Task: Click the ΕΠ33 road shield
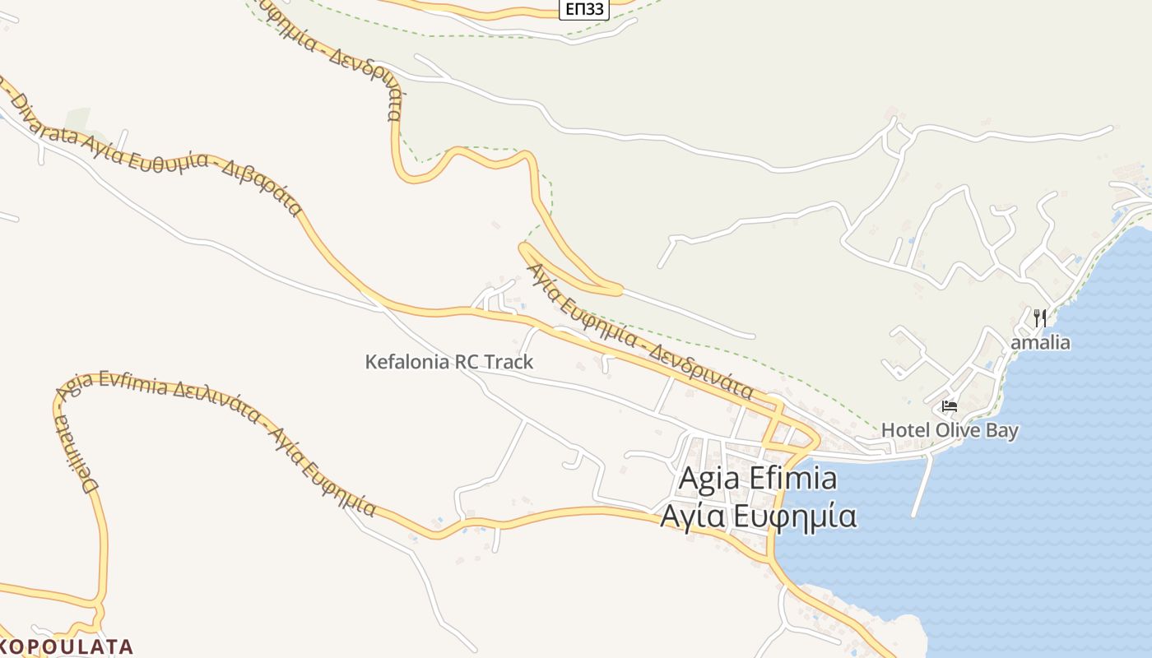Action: pos(585,9)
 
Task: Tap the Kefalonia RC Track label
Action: pos(449,362)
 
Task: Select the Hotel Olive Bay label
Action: pos(950,430)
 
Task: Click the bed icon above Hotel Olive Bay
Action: pos(950,406)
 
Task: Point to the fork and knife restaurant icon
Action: pos(1040,318)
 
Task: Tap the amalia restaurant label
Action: pos(1040,342)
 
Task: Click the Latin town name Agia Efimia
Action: pos(758,479)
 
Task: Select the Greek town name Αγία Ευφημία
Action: pos(758,517)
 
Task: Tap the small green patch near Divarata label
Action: pos(79,118)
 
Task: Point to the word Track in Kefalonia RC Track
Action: pos(509,362)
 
